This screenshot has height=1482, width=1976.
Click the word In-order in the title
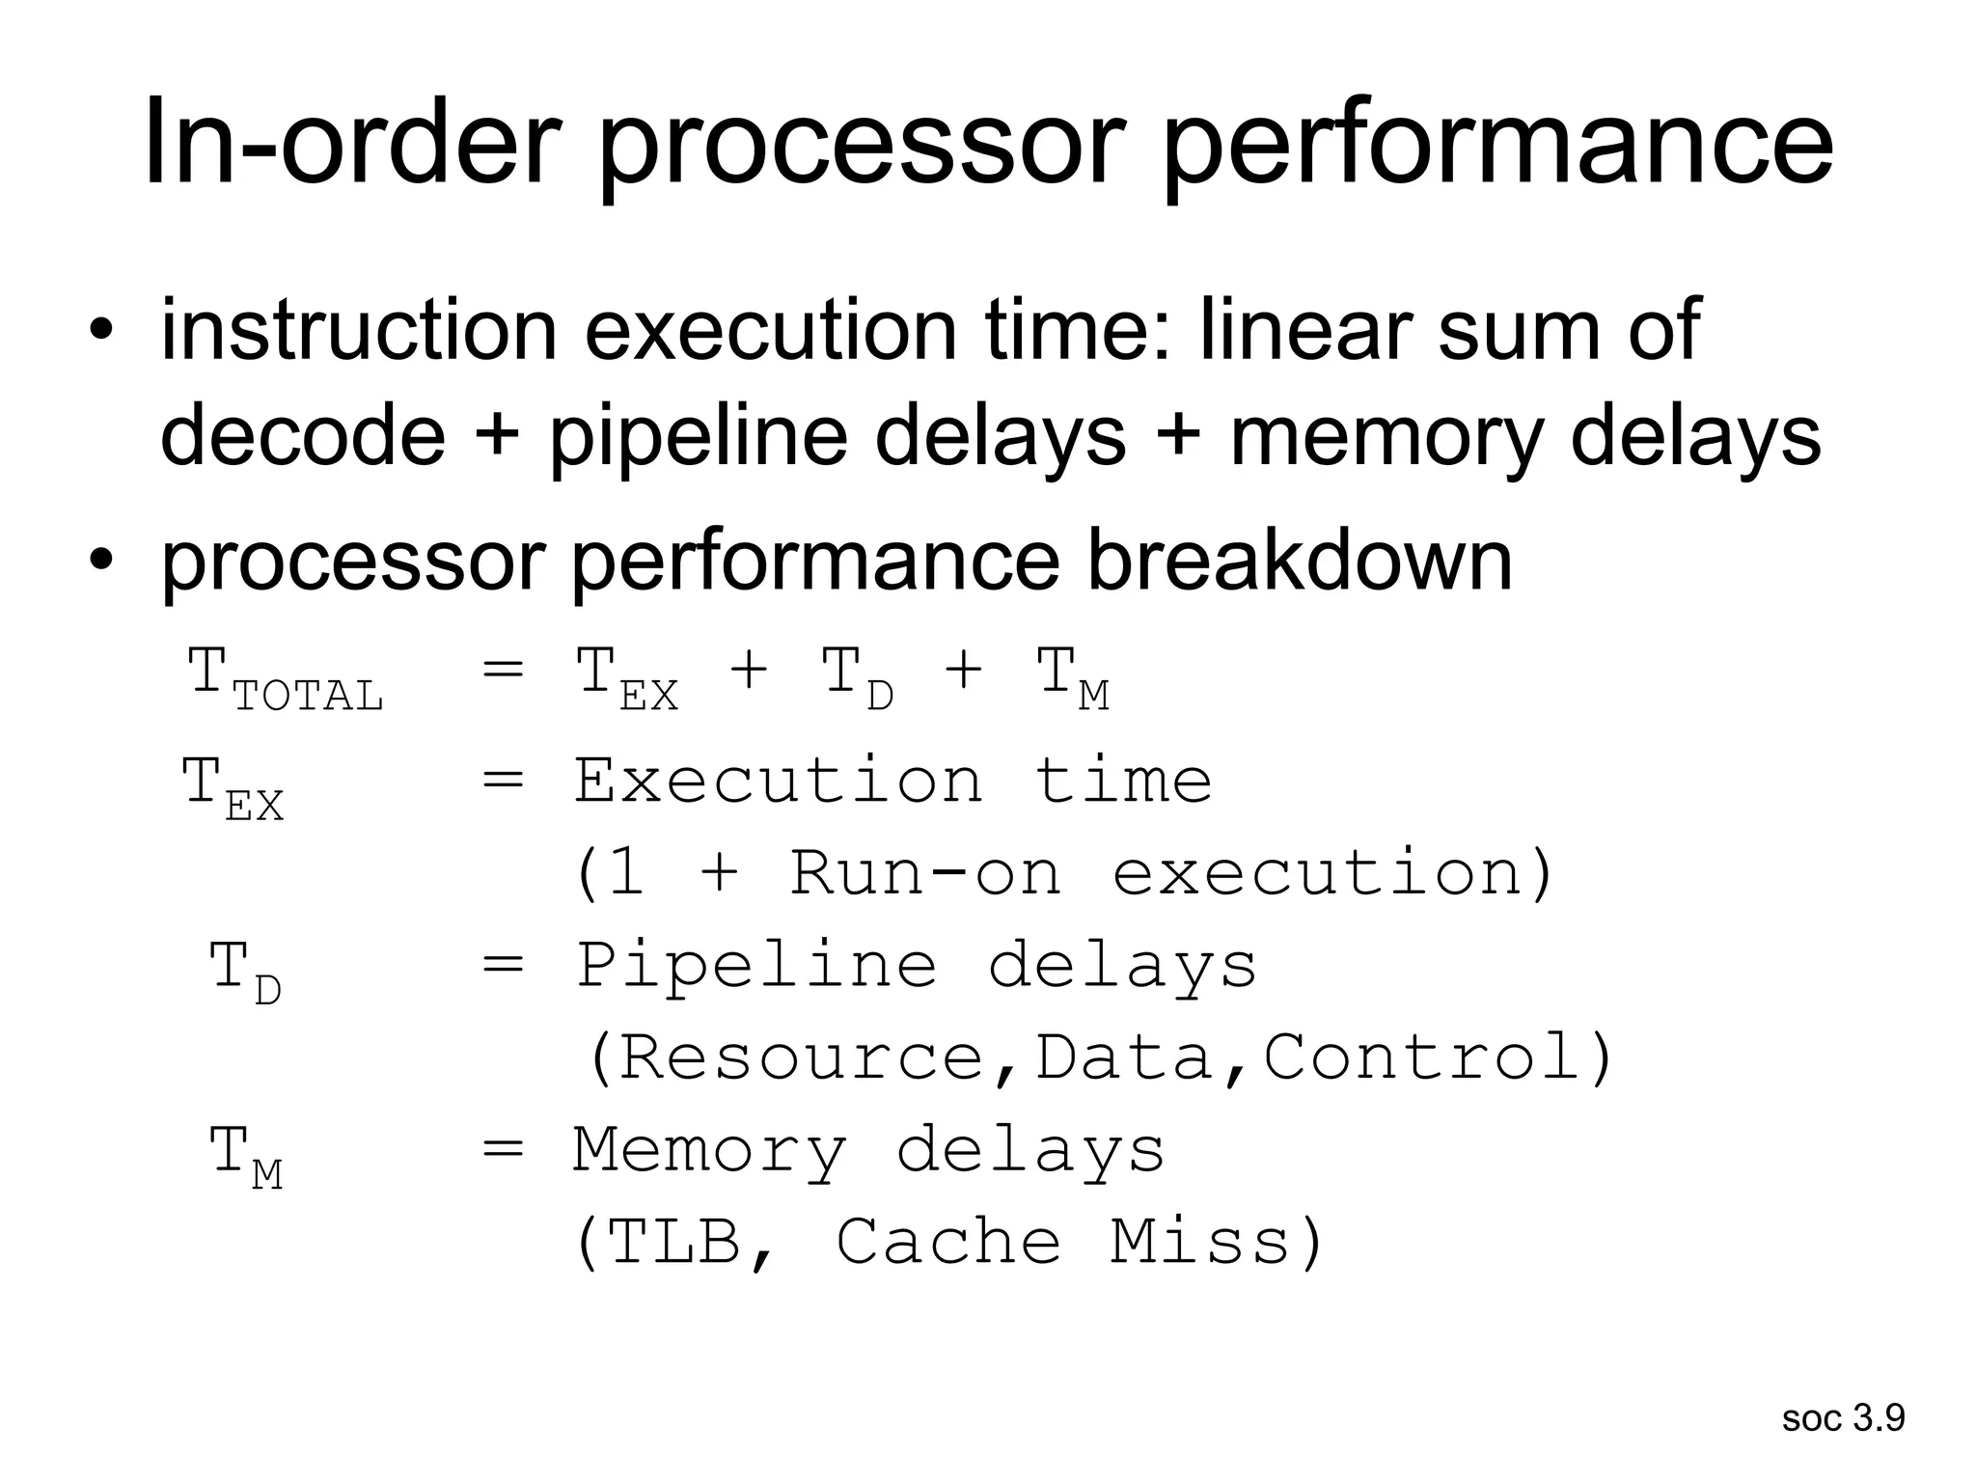pos(351,144)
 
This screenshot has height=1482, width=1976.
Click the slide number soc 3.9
pos(1843,1417)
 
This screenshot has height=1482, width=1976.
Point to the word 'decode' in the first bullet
pos(302,436)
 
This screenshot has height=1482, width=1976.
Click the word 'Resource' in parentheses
pos(800,1057)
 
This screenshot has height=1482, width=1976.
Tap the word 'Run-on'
pos(925,872)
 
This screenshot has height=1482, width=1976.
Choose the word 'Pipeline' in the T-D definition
pos(756,965)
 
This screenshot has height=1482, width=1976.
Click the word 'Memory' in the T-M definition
pos(709,1150)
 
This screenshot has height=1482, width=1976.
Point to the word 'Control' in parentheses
pos(1422,1057)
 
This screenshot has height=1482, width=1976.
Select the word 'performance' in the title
pos(1496,144)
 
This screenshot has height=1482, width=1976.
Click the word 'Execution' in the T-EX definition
pos(778,781)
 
